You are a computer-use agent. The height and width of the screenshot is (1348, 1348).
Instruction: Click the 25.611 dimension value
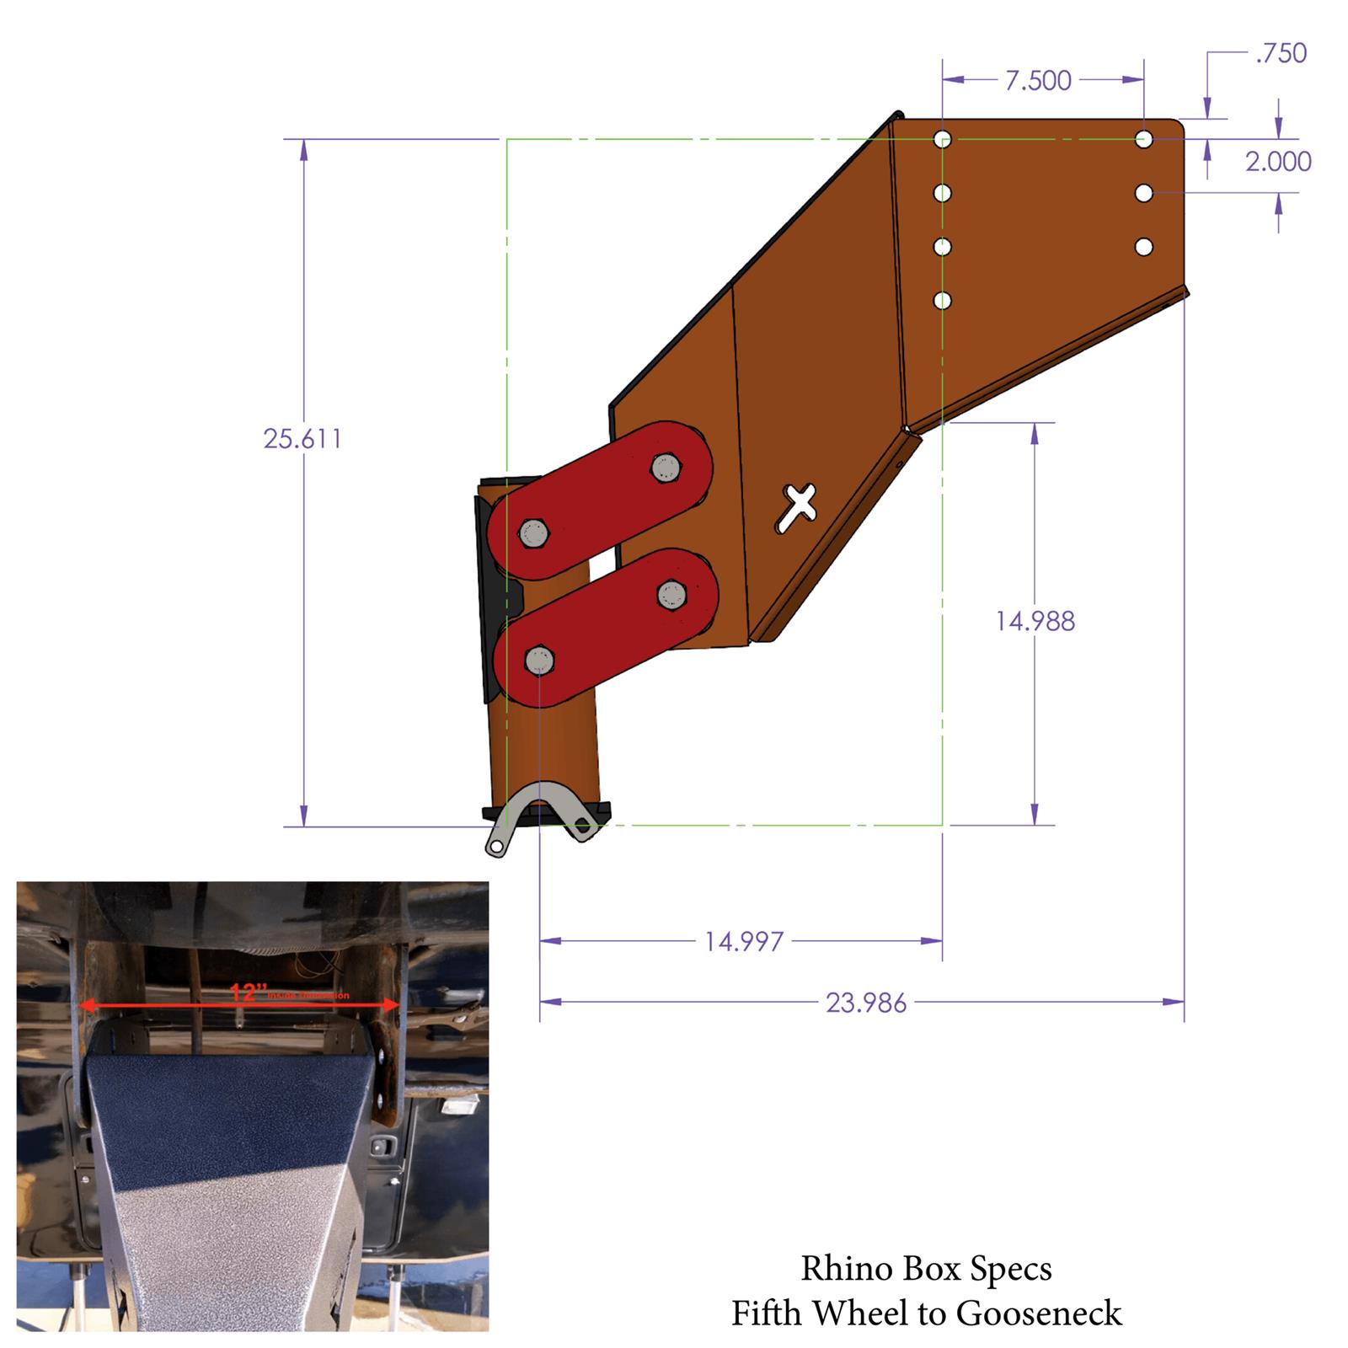(x=302, y=439)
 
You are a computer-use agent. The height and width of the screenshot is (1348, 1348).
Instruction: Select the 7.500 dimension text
(x=1038, y=81)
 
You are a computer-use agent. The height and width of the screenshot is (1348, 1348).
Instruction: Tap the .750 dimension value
(x=1281, y=53)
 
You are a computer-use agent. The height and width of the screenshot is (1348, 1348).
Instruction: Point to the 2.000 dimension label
(x=1277, y=161)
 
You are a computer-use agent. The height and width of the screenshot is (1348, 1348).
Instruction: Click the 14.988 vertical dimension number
(x=1035, y=622)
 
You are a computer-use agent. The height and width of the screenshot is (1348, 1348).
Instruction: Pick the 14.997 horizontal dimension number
(x=744, y=941)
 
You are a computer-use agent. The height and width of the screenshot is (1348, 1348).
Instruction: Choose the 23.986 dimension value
(x=866, y=1003)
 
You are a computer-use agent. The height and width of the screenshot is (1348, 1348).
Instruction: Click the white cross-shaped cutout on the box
(x=796, y=507)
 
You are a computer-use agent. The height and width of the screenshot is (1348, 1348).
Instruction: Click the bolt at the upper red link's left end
(x=533, y=532)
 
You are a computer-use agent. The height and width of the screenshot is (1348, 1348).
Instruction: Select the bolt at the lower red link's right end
(x=671, y=594)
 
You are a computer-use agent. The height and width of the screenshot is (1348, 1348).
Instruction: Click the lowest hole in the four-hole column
(x=943, y=301)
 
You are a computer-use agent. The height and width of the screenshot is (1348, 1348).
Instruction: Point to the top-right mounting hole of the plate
(x=1143, y=139)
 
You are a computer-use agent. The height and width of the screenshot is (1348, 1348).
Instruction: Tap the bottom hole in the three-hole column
(x=1143, y=247)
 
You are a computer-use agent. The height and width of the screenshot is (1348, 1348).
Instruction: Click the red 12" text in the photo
(x=243, y=992)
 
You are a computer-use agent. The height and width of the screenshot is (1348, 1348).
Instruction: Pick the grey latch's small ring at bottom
(x=497, y=846)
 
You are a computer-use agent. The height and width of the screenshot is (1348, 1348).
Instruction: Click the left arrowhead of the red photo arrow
(x=84, y=1004)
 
